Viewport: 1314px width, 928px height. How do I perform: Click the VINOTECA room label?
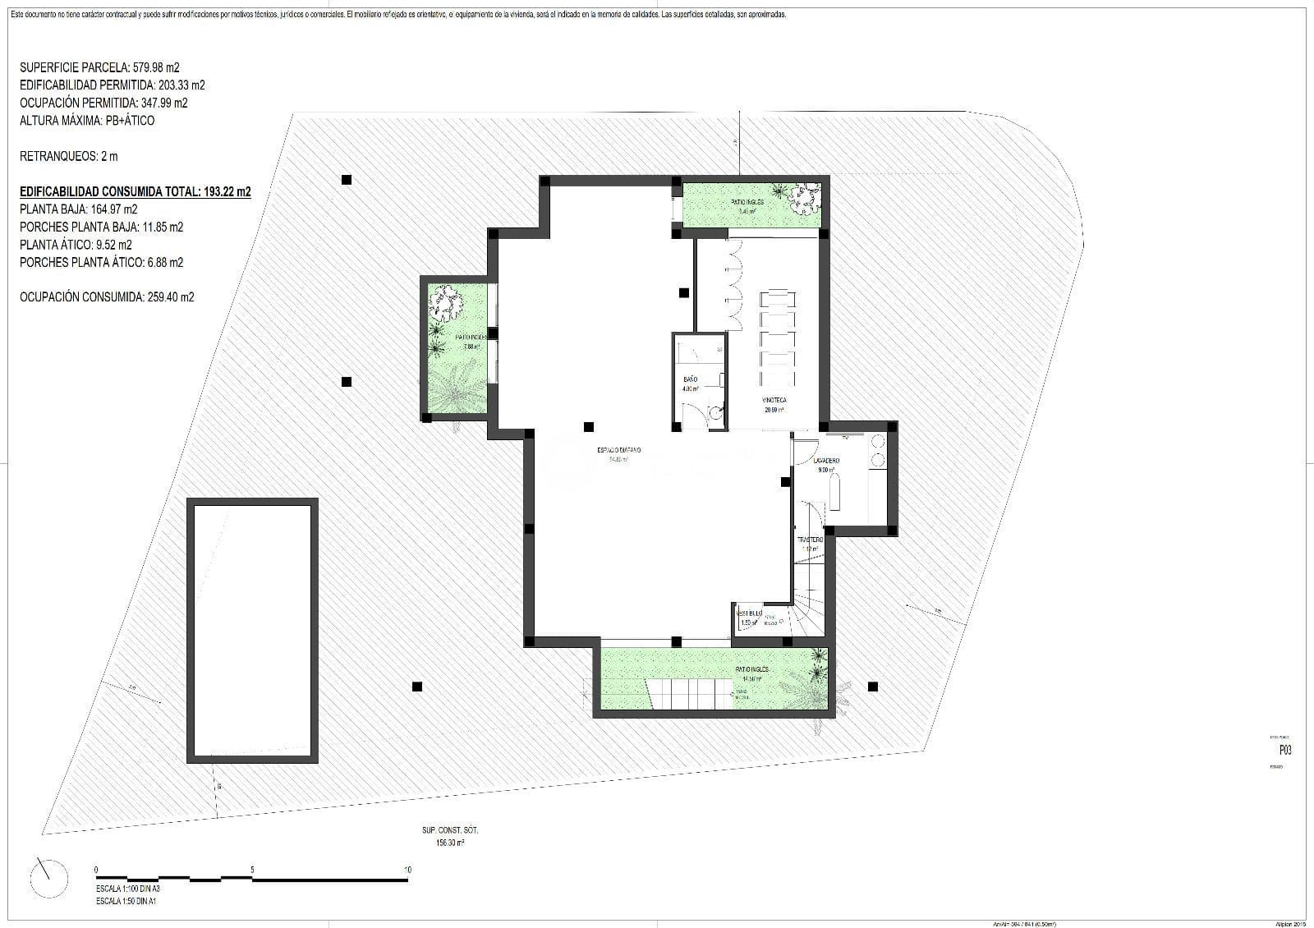tap(774, 401)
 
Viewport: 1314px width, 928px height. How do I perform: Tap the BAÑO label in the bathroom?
tap(690, 380)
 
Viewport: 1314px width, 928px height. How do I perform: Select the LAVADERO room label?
tap(827, 462)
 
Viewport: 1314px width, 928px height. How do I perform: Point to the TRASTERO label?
tap(810, 540)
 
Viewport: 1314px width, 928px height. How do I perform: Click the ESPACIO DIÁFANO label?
tap(618, 450)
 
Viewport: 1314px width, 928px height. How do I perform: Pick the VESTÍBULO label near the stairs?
tap(749, 613)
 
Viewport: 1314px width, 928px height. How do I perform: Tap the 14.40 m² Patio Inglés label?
tap(752, 670)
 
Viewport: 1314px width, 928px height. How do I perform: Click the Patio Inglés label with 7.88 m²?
tap(471, 338)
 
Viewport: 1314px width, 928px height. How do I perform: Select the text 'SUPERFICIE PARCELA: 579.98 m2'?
tap(99, 67)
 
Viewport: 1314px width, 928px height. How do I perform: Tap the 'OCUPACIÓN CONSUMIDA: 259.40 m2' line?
tap(107, 297)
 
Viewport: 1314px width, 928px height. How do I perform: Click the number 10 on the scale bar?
tap(407, 870)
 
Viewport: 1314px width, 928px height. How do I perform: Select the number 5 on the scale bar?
tap(252, 870)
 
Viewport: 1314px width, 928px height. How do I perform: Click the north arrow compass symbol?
tap(50, 878)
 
